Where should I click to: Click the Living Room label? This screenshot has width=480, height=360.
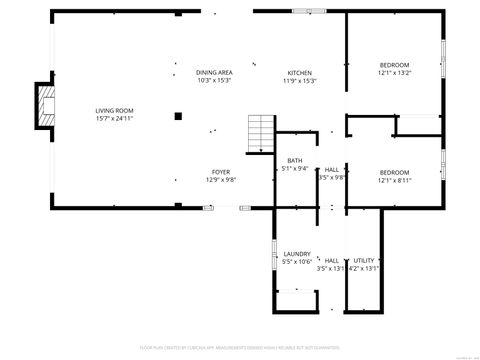(114, 111)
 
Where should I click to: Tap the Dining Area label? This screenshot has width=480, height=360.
(214, 73)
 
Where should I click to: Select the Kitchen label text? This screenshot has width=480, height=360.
(300, 73)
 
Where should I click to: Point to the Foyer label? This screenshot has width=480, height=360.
(220, 172)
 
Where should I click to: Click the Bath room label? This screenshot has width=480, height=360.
(295, 161)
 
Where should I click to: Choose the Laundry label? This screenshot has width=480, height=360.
(297, 254)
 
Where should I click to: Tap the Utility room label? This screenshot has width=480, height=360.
(364, 260)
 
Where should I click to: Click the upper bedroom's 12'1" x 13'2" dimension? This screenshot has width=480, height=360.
(395, 73)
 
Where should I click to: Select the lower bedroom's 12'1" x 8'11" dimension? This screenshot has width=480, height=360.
(395, 180)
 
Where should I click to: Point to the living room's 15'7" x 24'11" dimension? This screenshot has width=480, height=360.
(114, 119)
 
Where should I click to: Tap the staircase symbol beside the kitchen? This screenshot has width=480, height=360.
(261, 130)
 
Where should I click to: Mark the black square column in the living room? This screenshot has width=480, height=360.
(178, 116)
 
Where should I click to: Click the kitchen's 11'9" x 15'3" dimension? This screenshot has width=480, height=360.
(300, 81)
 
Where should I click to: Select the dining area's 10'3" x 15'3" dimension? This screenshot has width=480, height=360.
(214, 81)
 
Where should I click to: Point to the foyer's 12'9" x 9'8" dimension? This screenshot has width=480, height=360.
(220, 180)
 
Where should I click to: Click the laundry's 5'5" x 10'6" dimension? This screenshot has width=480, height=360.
(297, 262)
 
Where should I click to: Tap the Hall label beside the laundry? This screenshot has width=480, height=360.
(331, 260)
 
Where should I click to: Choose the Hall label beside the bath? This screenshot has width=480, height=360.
(331, 170)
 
